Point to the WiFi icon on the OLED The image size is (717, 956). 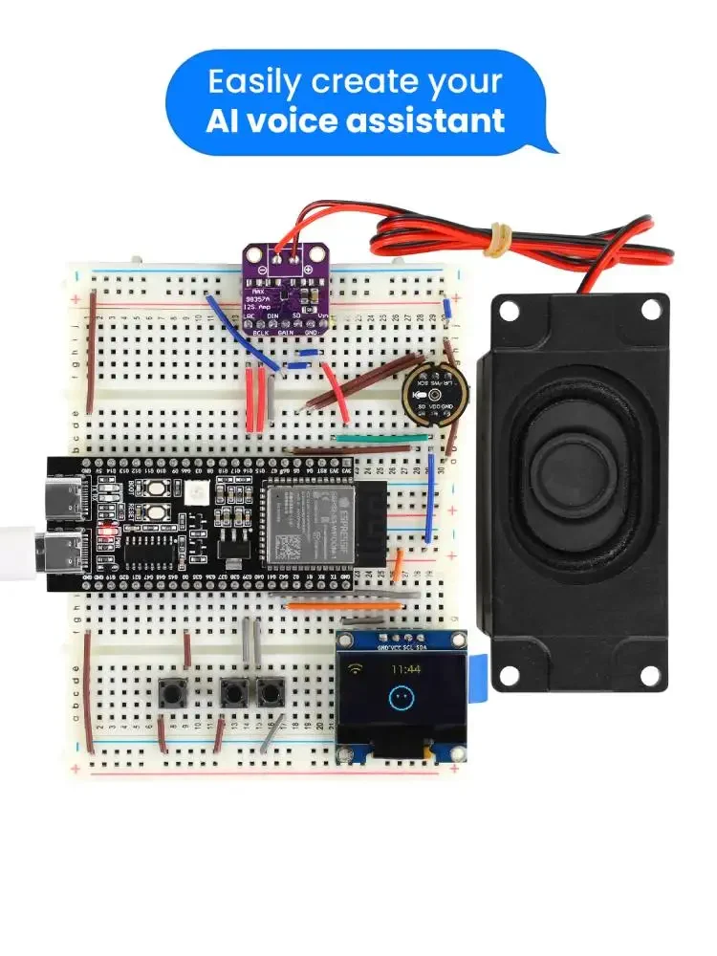[x=356, y=669]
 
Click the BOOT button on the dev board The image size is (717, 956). [x=153, y=490]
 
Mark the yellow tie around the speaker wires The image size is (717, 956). [x=499, y=239]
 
